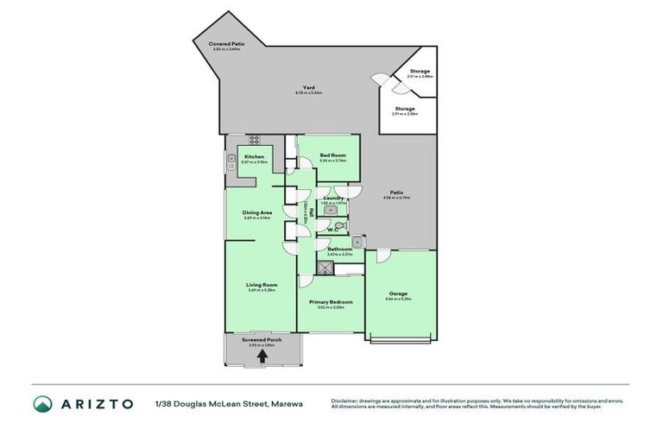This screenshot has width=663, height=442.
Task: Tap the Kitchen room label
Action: pyautogui.click(x=254, y=157)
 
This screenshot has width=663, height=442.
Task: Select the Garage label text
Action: pyautogui.click(x=398, y=294)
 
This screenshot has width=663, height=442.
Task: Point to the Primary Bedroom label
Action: pyautogui.click(x=331, y=302)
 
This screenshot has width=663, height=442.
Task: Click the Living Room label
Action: pyautogui.click(x=261, y=285)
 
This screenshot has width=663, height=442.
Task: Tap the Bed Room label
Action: pyautogui.click(x=332, y=155)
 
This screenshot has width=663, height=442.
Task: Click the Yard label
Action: pyautogui.click(x=307, y=87)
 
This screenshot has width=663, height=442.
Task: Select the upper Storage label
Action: pyautogui.click(x=420, y=71)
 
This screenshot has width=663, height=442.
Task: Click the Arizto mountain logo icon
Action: pyautogui.click(x=42, y=404)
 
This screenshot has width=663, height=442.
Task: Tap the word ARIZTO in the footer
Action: pyautogui.click(x=98, y=404)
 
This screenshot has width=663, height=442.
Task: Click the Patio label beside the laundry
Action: pyautogui.click(x=397, y=193)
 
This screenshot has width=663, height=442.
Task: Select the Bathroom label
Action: pyautogui.click(x=339, y=249)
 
